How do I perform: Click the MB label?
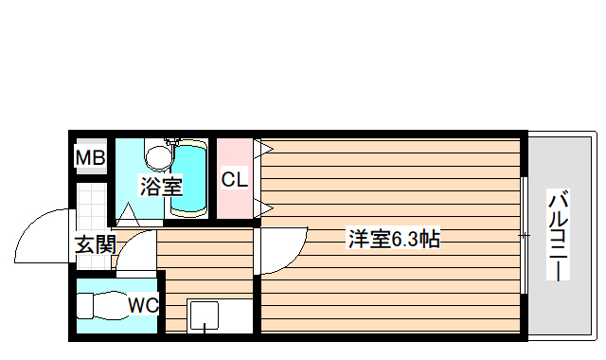tap(91, 158)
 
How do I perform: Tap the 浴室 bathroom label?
tap(160, 187)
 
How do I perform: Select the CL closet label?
tap(234, 178)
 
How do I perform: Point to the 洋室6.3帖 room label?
tap(393, 239)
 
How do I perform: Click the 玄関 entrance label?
tap(96, 244)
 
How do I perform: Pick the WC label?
tap(144, 305)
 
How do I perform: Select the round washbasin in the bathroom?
tap(159, 153)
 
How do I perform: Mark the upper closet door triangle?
tap(263, 149)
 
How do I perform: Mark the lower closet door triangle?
tap(263, 207)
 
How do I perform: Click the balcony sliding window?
tap(524, 234)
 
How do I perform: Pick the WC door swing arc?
tap(137, 251)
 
